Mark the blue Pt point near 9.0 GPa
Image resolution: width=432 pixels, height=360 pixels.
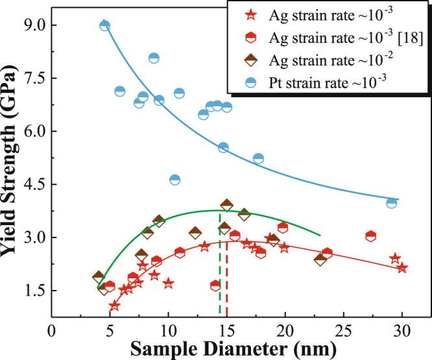point(104,25)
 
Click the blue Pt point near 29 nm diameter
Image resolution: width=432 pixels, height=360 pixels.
point(391,203)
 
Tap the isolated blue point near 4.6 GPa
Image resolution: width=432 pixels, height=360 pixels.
point(174,180)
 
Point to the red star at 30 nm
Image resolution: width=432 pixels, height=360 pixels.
point(402,268)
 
